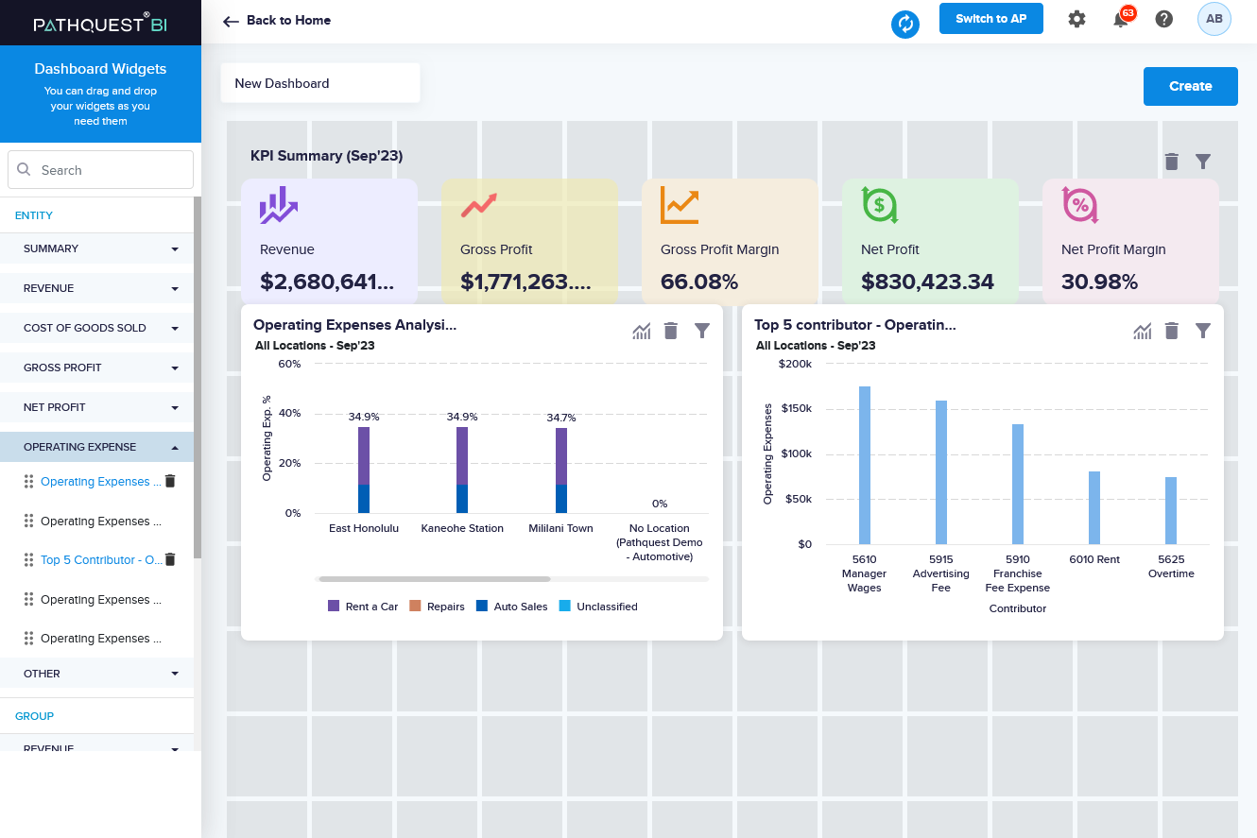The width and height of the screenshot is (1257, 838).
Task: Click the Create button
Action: pos(1190,86)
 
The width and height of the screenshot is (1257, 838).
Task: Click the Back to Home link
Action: pos(277,20)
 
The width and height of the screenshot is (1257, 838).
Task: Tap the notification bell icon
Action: pos(1121,20)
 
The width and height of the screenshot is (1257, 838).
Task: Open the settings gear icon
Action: pos(1076,19)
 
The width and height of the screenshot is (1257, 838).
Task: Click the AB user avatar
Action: pos(1214,19)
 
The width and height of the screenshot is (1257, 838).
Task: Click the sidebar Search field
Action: pos(100,170)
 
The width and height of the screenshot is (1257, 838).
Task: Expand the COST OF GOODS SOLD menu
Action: pos(100,328)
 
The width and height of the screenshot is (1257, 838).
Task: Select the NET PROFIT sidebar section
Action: pos(100,407)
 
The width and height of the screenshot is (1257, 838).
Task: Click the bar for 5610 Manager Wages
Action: pos(864,465)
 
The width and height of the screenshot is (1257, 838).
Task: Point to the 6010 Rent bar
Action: pos(1094,507)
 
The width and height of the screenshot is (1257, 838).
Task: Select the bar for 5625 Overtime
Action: pos(1171,510)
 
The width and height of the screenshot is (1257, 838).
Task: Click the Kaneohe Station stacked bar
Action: pos(462,470)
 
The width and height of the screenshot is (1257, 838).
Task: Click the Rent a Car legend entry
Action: pos(363,607)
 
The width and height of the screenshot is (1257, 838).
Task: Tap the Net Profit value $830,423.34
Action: pos(927,282)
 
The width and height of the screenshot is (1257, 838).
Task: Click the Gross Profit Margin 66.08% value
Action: pos(699,282)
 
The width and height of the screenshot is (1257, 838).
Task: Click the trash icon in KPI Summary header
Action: pos(1172,162)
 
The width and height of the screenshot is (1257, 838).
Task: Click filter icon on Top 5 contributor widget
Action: pos(1202,331)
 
